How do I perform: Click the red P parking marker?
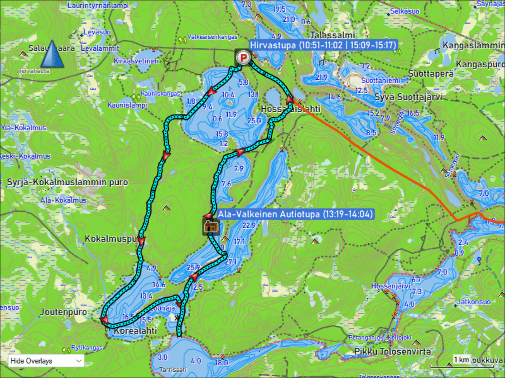point(242,58)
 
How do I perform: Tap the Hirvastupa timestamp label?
point(323,45)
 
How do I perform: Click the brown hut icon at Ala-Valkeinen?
point(211,227)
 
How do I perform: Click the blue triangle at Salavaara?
point(52,54)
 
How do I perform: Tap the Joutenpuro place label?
point(63,312)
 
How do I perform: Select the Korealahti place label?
point(136,331)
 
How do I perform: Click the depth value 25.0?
point(254,121)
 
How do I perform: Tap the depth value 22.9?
point(249,226)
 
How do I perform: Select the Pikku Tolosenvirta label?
point(392,351)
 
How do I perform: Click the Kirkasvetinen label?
point(136,61)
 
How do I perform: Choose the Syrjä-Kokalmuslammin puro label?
point(67,182)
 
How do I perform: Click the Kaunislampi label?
point(127,105)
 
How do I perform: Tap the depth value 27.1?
point(231,262)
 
